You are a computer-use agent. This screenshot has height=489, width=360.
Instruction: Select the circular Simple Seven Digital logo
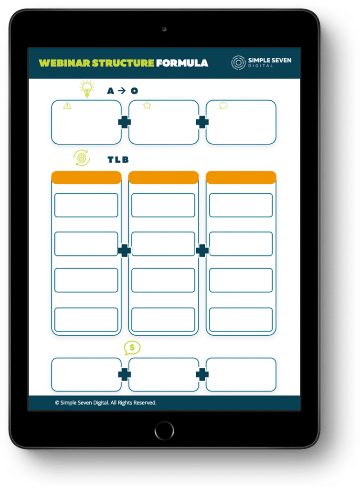pyautogui.click(x=238, y=63)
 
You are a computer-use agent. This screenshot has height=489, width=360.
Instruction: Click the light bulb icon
pyautogui.click(x=86, y=89)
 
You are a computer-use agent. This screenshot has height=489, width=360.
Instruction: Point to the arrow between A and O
pyautogui.click(x=122, y=91)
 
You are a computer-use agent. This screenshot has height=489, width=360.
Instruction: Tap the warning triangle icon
pyautogui.click(x=67, y=106)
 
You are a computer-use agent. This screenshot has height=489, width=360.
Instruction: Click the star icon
pyautogui.click(x=147, y=106)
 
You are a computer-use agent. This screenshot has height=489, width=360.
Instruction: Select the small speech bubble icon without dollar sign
pyautogui.click(x=223, y=106)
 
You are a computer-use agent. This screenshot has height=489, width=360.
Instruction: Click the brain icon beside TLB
pyautogui.click(x=82, y=158)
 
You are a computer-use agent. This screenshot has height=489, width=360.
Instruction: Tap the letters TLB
pyautogui.click(x=118, y=160)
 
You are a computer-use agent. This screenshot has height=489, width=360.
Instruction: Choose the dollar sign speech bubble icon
pyautogui.click(x=132, y=348)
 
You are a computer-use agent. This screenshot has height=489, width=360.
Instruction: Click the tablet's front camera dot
pyautogui.click(x=164, y=29)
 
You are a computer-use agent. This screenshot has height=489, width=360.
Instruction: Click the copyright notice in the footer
pyautogui.click(x=106, y=403)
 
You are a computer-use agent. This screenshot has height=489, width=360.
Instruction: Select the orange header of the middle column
pyautogui.click(x=163, y=178)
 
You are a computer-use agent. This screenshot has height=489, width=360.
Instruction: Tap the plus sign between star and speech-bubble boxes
pyautogui.click(x=202, y=122)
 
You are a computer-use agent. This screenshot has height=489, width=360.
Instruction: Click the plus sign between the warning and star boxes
pyautogui.click(x=125, y=122)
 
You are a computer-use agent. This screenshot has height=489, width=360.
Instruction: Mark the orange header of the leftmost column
pyautogui.click(x=86, y=178)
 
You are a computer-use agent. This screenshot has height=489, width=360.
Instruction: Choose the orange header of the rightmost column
pyautogui.click(x=241, y=178)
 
